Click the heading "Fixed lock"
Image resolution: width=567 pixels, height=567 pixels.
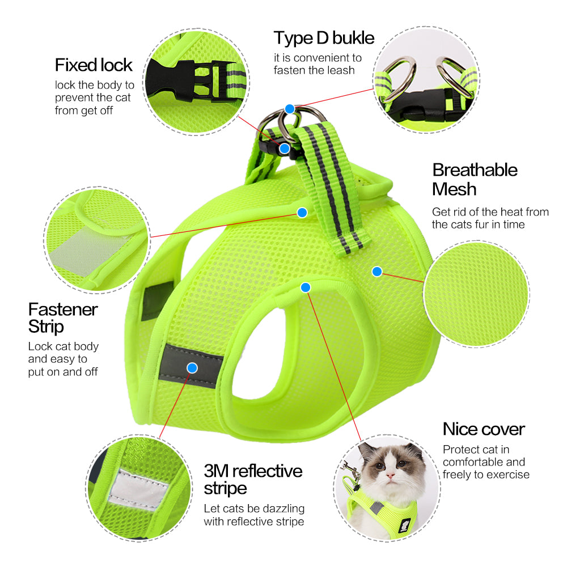(x=94, y=65)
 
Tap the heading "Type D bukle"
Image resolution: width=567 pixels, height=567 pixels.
(x=324, y=38)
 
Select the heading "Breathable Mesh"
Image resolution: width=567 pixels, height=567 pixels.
(x=475, y=179)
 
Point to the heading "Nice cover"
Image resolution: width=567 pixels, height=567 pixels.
(x=484, y=429)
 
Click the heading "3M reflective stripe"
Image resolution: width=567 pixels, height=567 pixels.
(x=253, y=479)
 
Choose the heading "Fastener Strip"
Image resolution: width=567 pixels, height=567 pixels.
(x=63, y=318)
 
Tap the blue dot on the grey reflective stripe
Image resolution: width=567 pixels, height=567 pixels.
(x=192, y=367)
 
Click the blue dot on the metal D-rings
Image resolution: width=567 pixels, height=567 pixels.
(x=290, y=108)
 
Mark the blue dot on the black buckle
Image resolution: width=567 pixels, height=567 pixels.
(x=285, y=149)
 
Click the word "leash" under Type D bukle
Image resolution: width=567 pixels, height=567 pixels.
(x=340, y=70)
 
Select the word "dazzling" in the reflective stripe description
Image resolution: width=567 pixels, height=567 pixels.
(x=282, y=508)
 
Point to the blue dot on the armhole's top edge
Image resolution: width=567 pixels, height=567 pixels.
(x=306, y=287)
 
